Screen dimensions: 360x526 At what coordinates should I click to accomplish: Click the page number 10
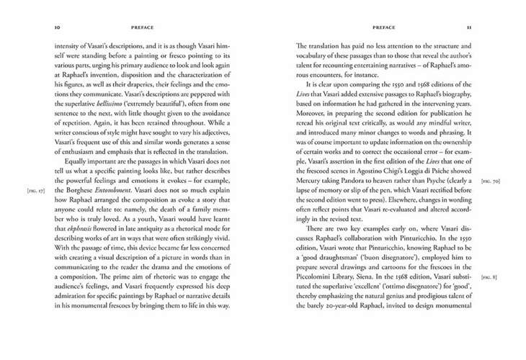(56, 28)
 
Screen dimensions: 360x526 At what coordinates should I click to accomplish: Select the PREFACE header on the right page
(383, 28)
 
